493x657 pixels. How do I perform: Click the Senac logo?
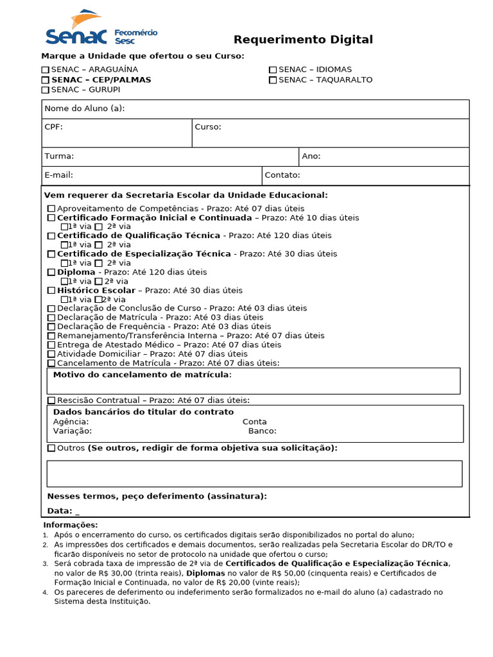click(99, 30)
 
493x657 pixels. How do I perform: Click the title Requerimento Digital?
click(303, 40)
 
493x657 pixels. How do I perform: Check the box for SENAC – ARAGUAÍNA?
click(46, 70)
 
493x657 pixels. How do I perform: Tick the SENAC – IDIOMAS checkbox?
click(273, 70)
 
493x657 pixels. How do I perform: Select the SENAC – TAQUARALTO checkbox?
click(273, 80)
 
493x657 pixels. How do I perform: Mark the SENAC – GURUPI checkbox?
click(46, 90)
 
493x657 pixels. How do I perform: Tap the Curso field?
click(331, 133)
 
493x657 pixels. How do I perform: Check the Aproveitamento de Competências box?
click(51, 209)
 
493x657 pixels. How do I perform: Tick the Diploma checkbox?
click(51, 273)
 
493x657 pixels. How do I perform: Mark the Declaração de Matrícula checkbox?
click(51, 318)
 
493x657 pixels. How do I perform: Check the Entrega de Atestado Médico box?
click(51, 345)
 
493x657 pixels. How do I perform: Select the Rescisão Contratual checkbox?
click(51, 401)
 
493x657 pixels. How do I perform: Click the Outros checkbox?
click(51, 448)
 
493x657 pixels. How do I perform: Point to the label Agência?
click(71, 422)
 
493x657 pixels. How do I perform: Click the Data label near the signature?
click(60, 511)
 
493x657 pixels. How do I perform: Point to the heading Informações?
click(71, 525)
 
